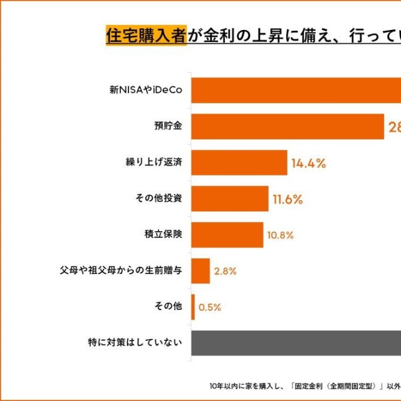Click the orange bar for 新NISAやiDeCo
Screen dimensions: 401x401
294,90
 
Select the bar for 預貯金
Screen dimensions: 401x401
287,127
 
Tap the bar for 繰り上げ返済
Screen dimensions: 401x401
239,163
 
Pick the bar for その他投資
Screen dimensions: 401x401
229,199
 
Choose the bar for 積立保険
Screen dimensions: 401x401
227,235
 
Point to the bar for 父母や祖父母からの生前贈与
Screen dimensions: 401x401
200,271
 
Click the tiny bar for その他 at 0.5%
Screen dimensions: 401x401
193,307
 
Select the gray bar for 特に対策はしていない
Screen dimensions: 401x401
294,343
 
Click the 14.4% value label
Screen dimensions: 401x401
308,164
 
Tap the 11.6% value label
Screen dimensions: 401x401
288,200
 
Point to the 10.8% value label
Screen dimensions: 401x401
280,236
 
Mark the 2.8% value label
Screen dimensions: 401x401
225,271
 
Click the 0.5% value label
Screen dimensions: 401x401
209,308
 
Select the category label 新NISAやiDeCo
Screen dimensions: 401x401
146,90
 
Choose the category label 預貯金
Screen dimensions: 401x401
168,127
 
